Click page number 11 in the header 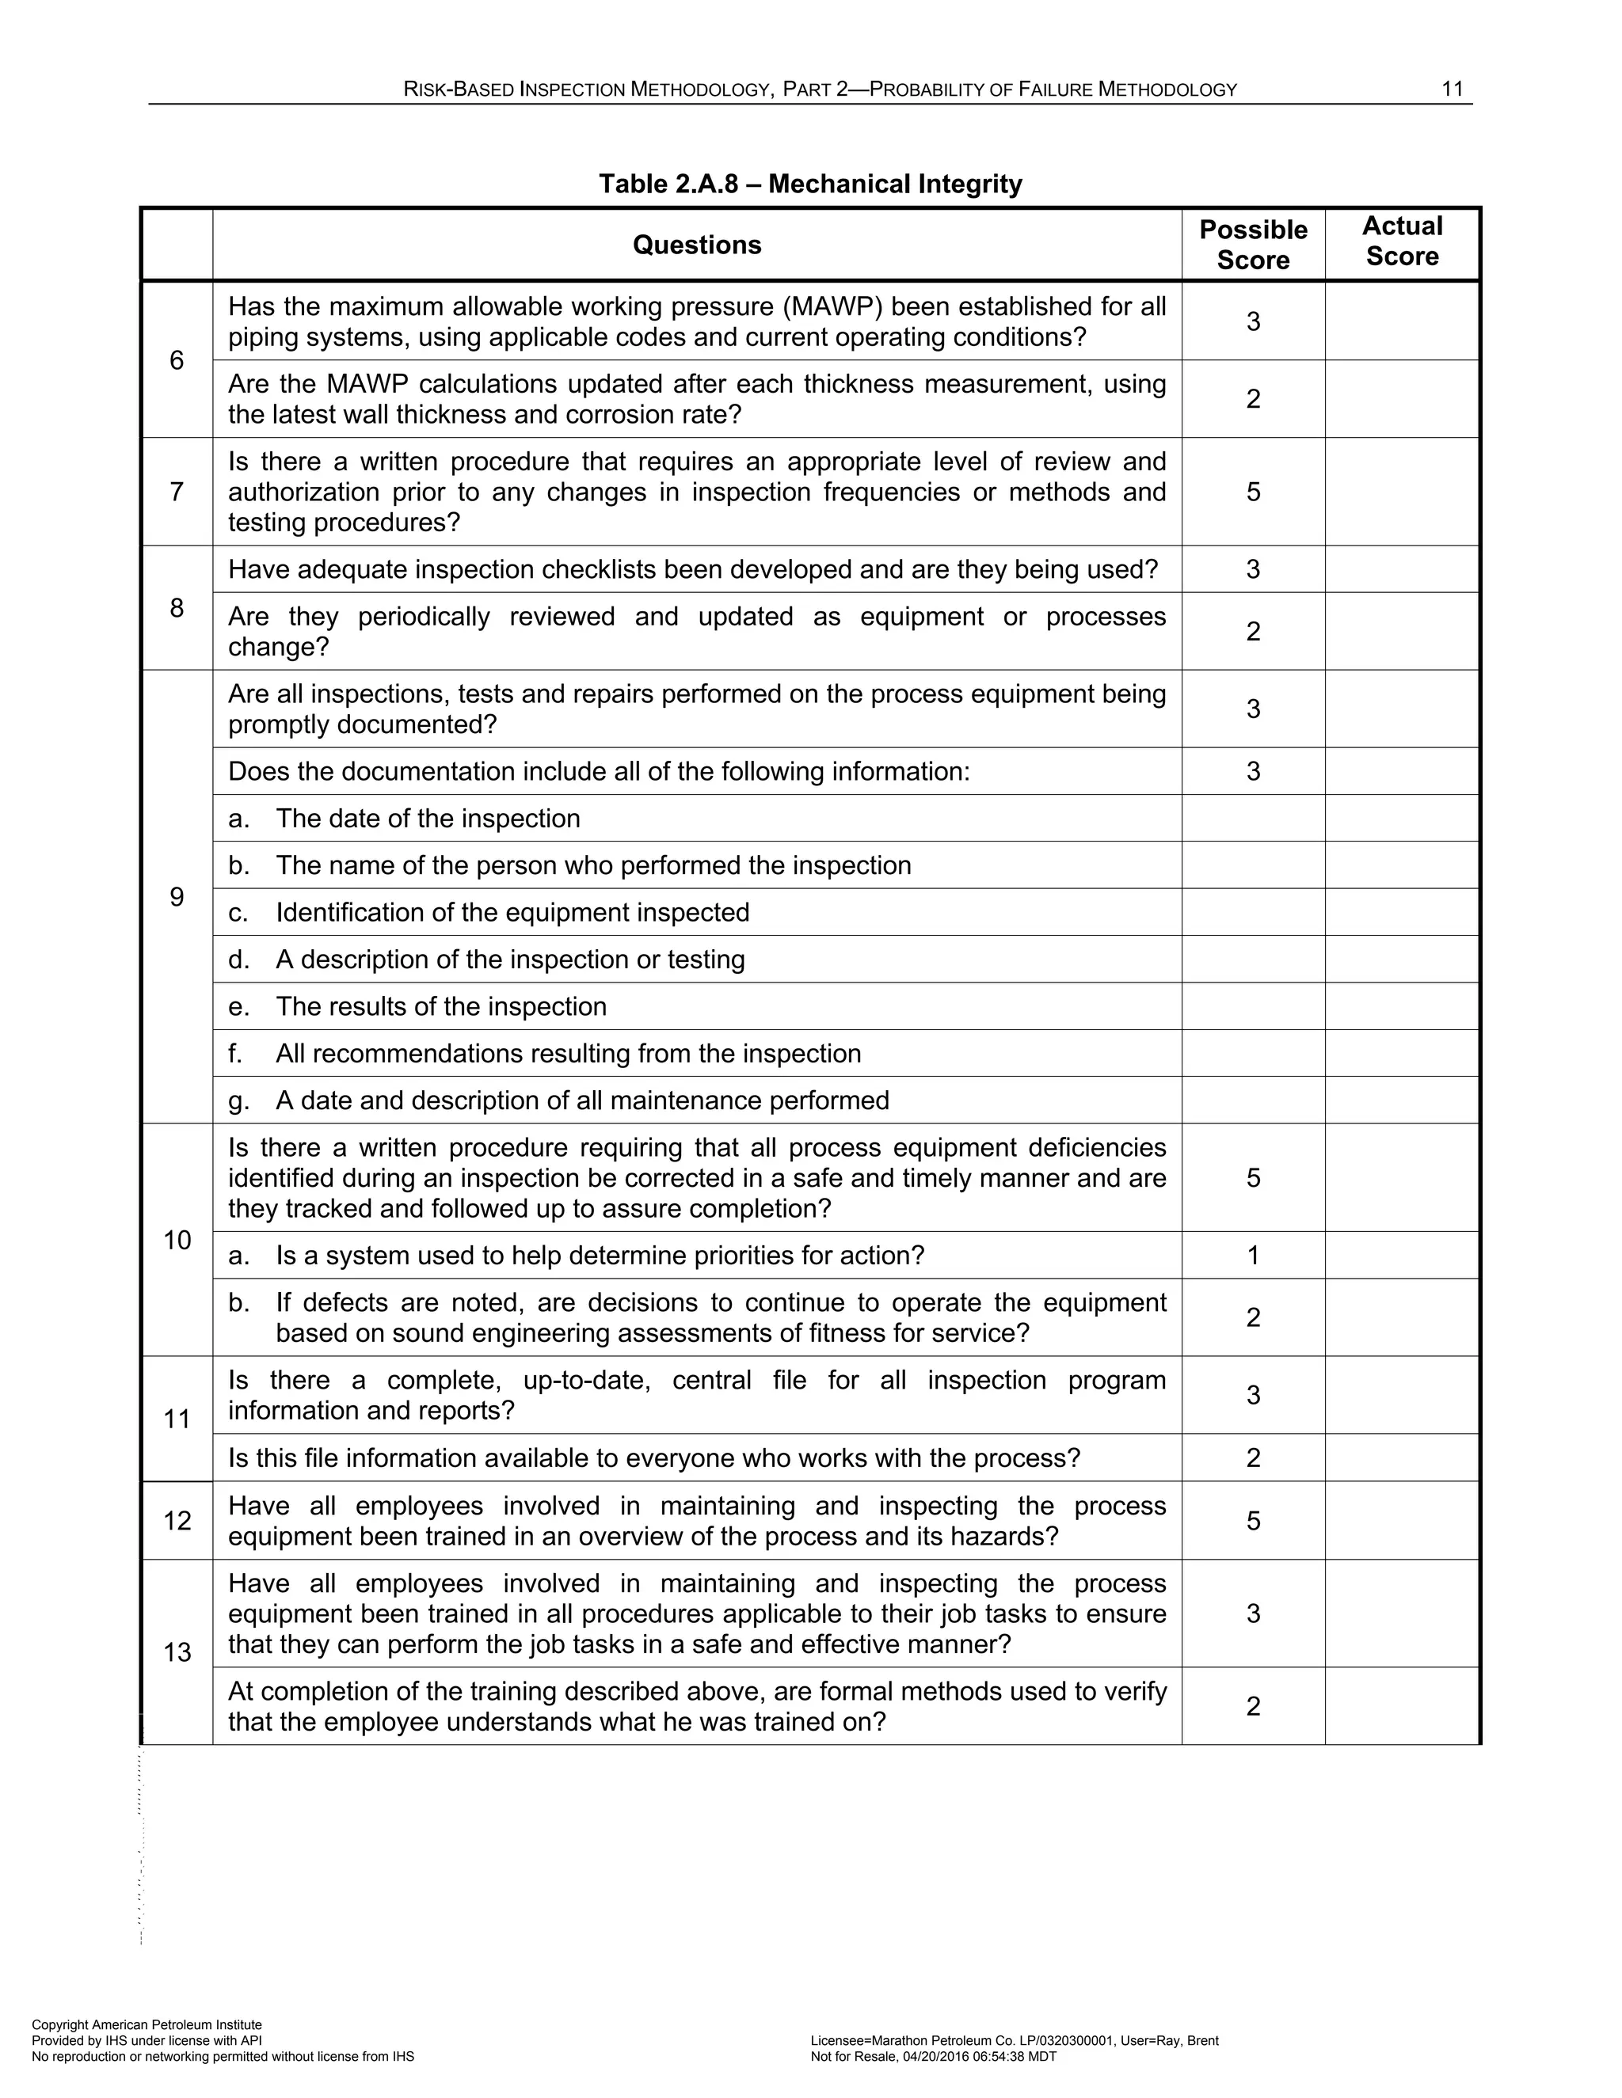[1452, 89]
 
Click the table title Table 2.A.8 [810, 184]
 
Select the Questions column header [697, 245]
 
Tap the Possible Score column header [1253, 245]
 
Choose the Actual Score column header [1402, 241]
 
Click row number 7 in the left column [177, 492]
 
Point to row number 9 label [177, 896]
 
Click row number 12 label [177, 1521]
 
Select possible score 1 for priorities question [1253, 1256]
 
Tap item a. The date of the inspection [405, 819]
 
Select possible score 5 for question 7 [1253, 492]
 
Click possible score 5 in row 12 [1253, 1521]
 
